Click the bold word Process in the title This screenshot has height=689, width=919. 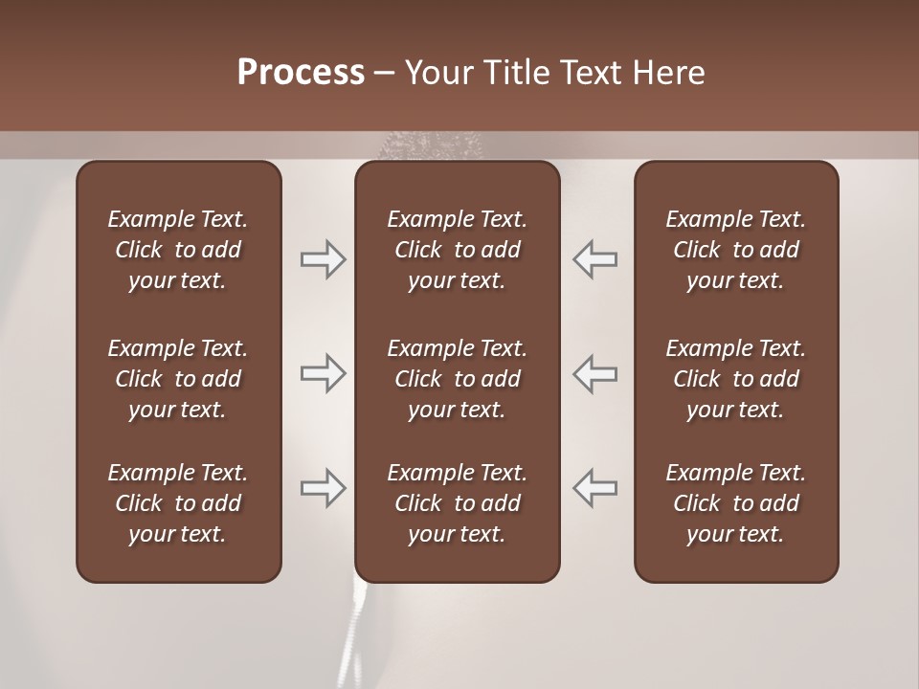(x=301, y=73)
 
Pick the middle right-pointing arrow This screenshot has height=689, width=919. (x=324, y=373)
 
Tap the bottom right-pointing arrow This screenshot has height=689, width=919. (x=324, y=488)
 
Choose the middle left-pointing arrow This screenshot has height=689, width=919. (x=594, y=373)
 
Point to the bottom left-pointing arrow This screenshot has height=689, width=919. (x=594, y=488)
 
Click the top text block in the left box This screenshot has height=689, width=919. (x=178, y=250)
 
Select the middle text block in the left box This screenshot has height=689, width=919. (x=178, y=379)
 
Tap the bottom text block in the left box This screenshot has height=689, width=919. (x=178, y=503)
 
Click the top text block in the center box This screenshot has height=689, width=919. (x=458, y=250)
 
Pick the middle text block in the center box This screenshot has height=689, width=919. (x=458, y=379)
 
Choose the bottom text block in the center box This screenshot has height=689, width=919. (x=458, y=503)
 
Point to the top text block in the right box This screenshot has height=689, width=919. (x=736, y=250)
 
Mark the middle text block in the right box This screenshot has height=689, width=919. (x=736, y=379)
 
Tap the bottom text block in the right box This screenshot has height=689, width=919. (x=736, y=503)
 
